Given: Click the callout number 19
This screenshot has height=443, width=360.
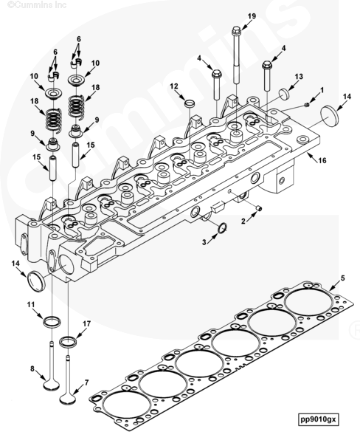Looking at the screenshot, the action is coord(252,16).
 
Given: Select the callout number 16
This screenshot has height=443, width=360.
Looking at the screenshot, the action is coord(322,160).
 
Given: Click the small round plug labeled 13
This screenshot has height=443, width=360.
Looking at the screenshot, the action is coord(284,94).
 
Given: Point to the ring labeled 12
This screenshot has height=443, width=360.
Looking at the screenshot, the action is coord(190,103).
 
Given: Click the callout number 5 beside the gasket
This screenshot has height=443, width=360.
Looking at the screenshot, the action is coord(343,278).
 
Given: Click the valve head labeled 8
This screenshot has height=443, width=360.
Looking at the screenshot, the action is coord(52,385).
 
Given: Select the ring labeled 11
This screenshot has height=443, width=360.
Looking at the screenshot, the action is coord(52,322).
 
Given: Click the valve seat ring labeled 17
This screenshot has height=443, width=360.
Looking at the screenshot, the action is coord(68,342).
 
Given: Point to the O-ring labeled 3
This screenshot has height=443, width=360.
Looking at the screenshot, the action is coord(223,228).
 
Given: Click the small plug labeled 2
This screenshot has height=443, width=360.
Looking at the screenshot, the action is coord(259,208).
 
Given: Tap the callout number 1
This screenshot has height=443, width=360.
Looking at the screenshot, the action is coord(322,90).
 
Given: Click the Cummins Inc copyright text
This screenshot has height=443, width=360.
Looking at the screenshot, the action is coord(36,4).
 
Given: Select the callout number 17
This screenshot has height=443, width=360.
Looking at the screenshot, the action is coord(86,323).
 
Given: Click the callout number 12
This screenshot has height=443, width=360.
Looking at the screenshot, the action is coord(174,86).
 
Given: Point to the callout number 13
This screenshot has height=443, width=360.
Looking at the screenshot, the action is coord(299,76).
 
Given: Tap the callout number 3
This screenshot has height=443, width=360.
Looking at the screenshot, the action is coord(204,242).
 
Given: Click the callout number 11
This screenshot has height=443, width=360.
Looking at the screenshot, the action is coord(31,304).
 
